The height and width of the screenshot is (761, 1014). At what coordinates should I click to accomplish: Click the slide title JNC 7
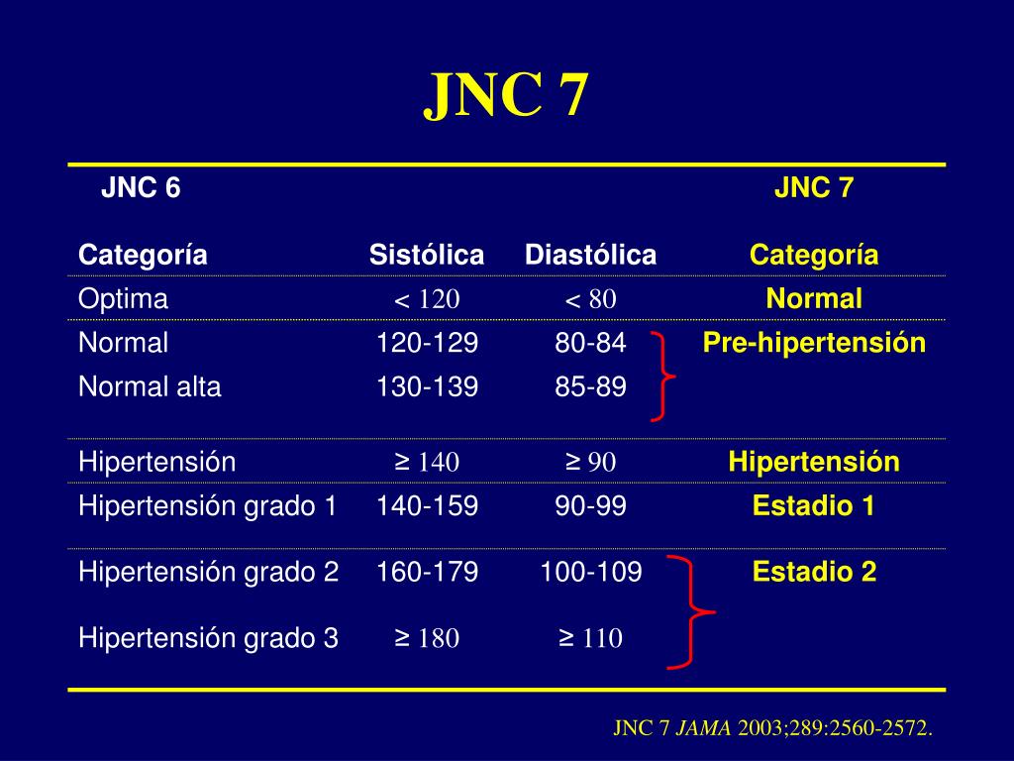[x=506, y=96]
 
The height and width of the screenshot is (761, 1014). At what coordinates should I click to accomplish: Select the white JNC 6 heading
[x=141, y=188]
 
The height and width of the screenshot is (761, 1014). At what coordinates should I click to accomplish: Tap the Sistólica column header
[x=427, y=256]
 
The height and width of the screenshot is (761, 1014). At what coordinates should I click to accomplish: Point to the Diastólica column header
[x=590, y=256]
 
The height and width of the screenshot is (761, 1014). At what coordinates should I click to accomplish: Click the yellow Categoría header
[x=814, y=256]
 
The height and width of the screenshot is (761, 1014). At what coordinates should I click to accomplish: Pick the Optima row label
[x=123, y=299]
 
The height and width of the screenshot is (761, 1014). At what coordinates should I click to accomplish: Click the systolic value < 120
[x=427, y=300]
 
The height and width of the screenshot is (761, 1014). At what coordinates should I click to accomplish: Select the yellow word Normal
[x=814, y=299]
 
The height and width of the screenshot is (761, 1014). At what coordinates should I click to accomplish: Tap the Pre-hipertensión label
[x=814, y=344]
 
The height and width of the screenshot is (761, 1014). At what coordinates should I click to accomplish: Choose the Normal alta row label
[x=150, y=387]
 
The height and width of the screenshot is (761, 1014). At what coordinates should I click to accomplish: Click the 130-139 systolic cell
[x=427, y=387]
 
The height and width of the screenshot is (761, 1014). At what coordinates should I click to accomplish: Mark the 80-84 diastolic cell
[x=590, y=344]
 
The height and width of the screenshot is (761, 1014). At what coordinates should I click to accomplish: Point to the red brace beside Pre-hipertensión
[x=663, y=377]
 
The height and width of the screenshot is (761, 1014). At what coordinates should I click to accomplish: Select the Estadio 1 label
[x=814, y=507]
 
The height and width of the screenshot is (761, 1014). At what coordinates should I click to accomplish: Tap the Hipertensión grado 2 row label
[x=208, y=572]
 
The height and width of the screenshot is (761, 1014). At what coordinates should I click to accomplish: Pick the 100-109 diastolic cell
[x=590, y=572]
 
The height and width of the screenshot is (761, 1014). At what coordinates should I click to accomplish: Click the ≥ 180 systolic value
[x=427, y=639]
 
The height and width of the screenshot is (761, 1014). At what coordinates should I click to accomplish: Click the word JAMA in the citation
[x=704, y=729]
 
